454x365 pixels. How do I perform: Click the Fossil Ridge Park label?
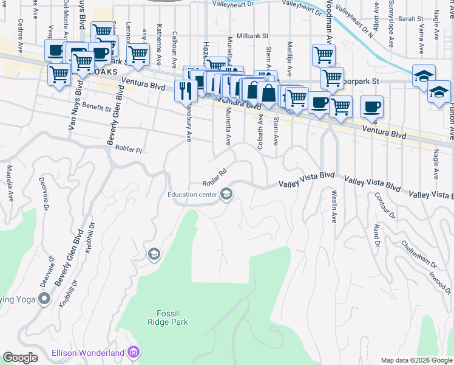coord(168,317)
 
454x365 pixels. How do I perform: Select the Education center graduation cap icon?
coord(226,195)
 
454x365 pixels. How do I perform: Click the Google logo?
coord(21,358)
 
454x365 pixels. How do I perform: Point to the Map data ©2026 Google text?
coord(416,360)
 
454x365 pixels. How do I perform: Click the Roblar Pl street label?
coord(128,149)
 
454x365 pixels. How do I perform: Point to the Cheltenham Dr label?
coord(419,254)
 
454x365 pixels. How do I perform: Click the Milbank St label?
coord(252,36)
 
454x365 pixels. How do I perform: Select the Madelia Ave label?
coord(10,182)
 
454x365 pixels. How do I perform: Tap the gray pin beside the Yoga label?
coord(44,298)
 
